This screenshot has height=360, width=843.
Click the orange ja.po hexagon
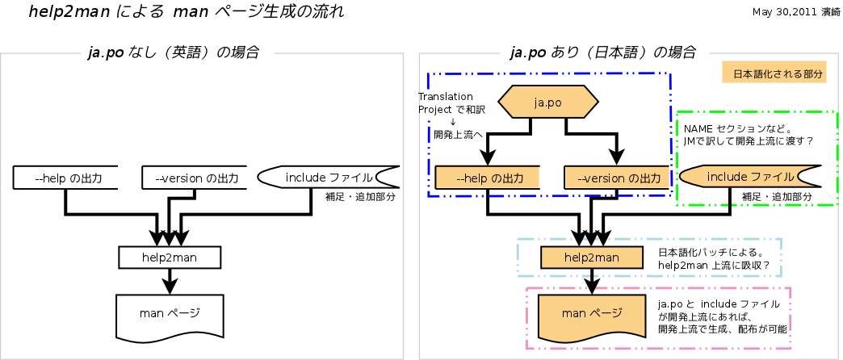pos(548,103)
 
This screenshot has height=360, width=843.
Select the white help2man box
pos(170,257)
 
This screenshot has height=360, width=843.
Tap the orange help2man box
pos(592,257)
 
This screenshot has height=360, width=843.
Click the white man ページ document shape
pos(170,313)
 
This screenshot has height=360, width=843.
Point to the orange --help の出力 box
pos(487,178)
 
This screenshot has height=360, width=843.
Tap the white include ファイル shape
pos(327,177)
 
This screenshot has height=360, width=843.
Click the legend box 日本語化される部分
pos(778,73)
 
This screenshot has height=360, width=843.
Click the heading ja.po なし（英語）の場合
pos(173,53)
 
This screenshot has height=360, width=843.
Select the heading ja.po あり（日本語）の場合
pos(603,53)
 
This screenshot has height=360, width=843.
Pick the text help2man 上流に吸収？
pos(714,265)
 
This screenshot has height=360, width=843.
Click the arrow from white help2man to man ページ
pos(170,281)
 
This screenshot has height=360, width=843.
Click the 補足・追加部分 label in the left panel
pos(359,196)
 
